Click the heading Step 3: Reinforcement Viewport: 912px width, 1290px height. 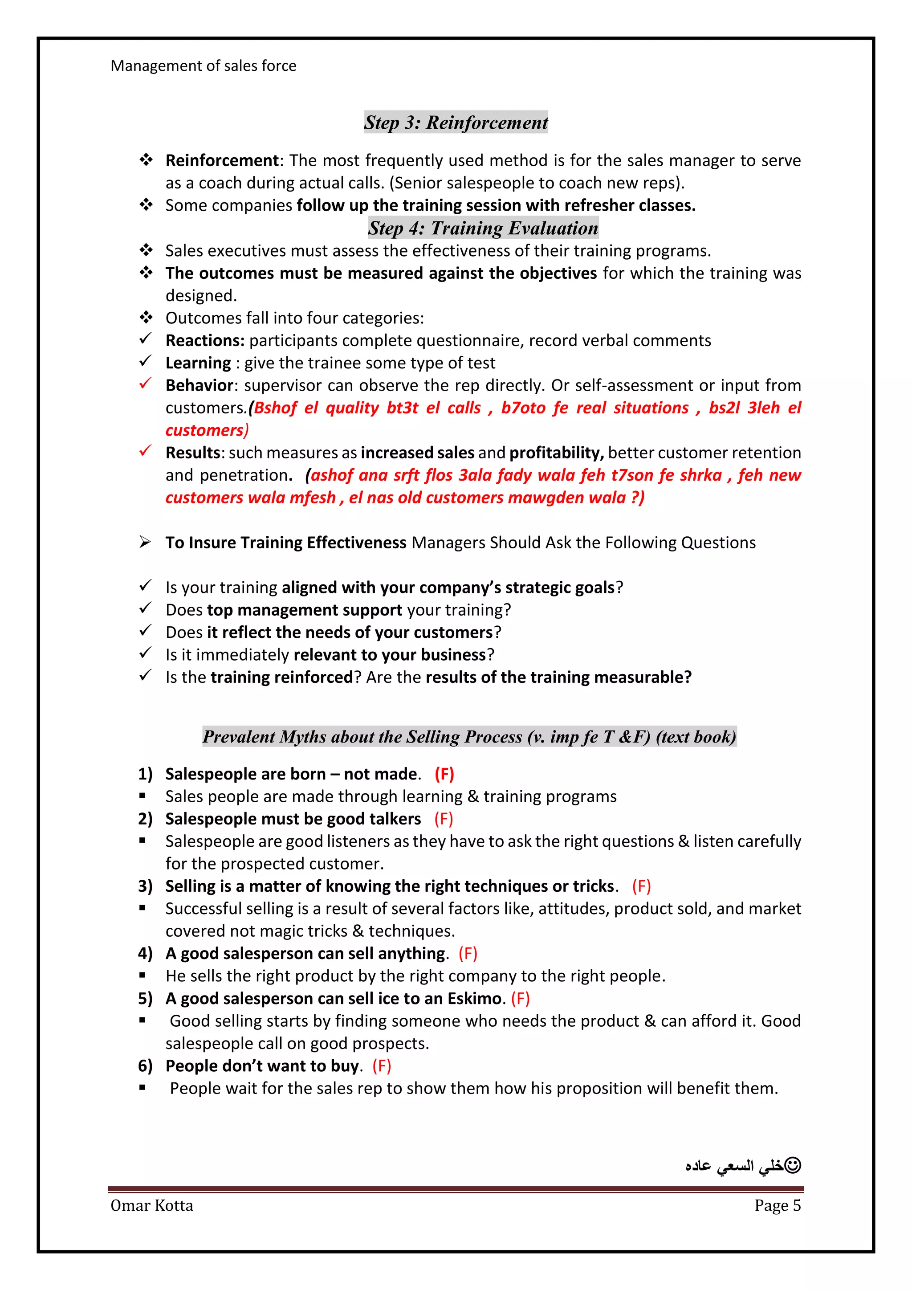[x=456, y=122]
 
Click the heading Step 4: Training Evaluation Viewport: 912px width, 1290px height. [x=483, y=228]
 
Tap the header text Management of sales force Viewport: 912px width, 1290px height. [x=204, y=66]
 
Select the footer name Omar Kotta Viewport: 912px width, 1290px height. [x=151, y=1205]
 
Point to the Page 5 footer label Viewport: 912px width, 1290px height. [x=777, y=1205]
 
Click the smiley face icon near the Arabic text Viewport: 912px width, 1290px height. [x=792, y=1165]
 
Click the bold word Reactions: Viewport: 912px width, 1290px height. [x=204, y=340]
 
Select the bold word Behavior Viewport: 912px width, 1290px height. [x=199, y=385]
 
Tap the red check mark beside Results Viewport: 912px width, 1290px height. [x=146, y=451]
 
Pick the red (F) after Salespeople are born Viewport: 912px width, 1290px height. [x=444, y=774]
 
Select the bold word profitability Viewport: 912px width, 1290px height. [x=556, y=453]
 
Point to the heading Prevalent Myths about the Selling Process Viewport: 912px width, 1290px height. [x=469, y=737]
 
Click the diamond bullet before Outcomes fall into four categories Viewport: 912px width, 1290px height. [x=146, y=318]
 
